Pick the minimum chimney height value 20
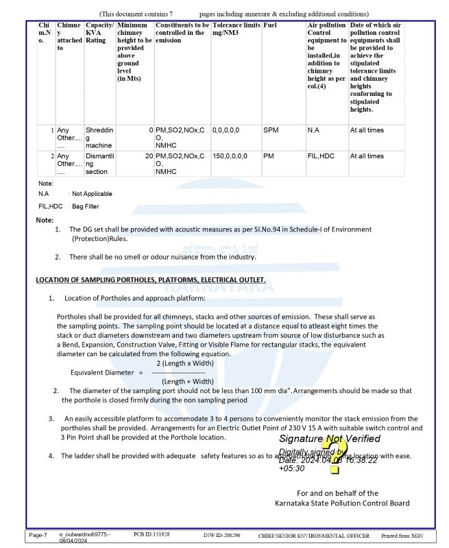149,155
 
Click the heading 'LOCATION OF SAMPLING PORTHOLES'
151,279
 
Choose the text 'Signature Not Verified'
330,438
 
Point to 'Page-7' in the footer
38,534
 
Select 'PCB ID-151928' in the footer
151,534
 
